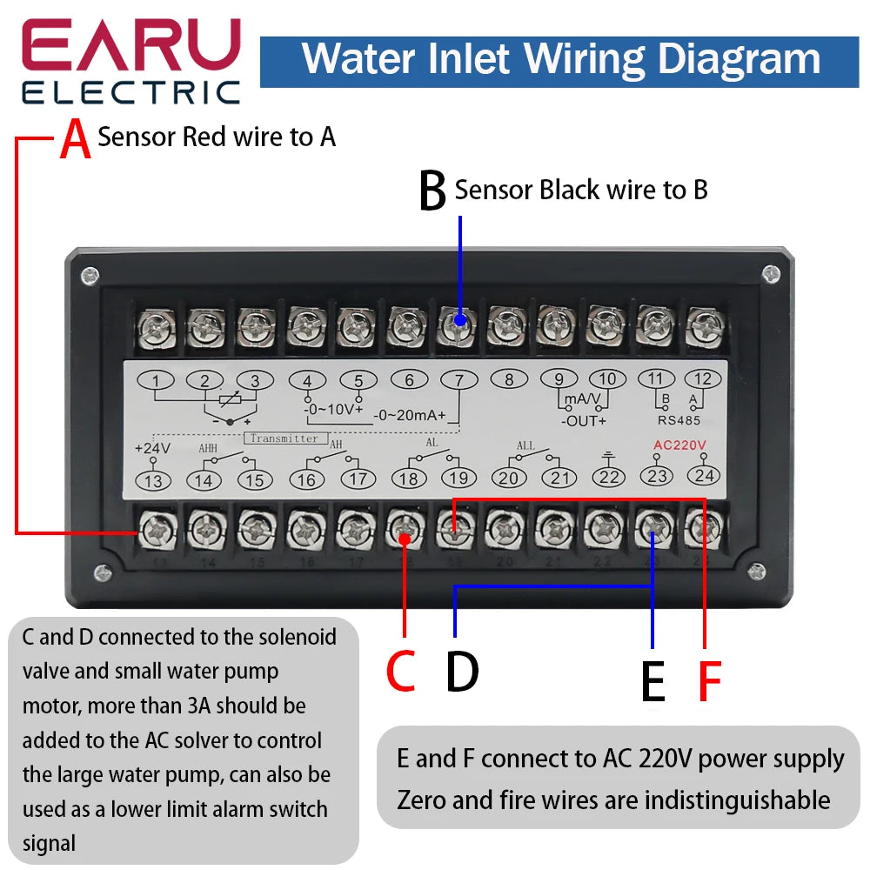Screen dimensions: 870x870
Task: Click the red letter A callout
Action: click(x=76, y=140)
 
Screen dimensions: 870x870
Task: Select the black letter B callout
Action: click(x=432, y=191)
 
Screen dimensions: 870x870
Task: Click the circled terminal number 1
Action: click(x=155, y=380)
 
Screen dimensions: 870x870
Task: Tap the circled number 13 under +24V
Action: click(x=153, y=479)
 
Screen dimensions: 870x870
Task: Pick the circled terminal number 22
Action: click(x=609, y=477)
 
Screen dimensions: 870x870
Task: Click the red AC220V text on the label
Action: click(x=680, y=445)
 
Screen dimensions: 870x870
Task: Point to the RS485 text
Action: click(x=680, y=419)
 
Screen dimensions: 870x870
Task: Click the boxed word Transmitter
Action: click(x=286, y=438)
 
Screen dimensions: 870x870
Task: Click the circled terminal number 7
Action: click(x=458, y=380)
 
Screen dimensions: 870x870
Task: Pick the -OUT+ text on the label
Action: click(x=582, y=421)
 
